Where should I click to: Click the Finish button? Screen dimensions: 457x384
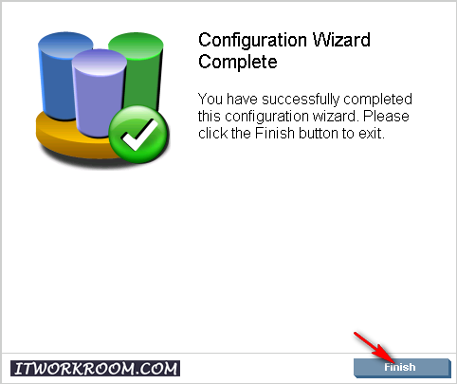(x=402, y=368)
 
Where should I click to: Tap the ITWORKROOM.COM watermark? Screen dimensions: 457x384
(x=95, y=369)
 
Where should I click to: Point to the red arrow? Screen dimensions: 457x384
(x=375, y=348)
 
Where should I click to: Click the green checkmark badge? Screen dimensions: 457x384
(x=138, y=134)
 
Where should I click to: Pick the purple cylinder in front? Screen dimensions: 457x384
(x=99, y=93)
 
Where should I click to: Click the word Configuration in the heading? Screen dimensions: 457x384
(x=252, y=41)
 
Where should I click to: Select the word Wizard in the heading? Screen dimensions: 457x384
(x=341, y=40)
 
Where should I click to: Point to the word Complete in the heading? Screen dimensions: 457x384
(x=238, y=62)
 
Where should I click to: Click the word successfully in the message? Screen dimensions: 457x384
(x=300, y=100)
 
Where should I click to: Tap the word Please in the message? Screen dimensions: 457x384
(x=386, y=116)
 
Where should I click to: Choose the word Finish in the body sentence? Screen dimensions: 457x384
(x=275, y=133)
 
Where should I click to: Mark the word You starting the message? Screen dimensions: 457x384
(x=210, y=100)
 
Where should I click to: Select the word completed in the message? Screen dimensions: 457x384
(x=377, y=100)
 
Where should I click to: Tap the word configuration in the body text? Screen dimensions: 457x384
(x=266, y=117)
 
